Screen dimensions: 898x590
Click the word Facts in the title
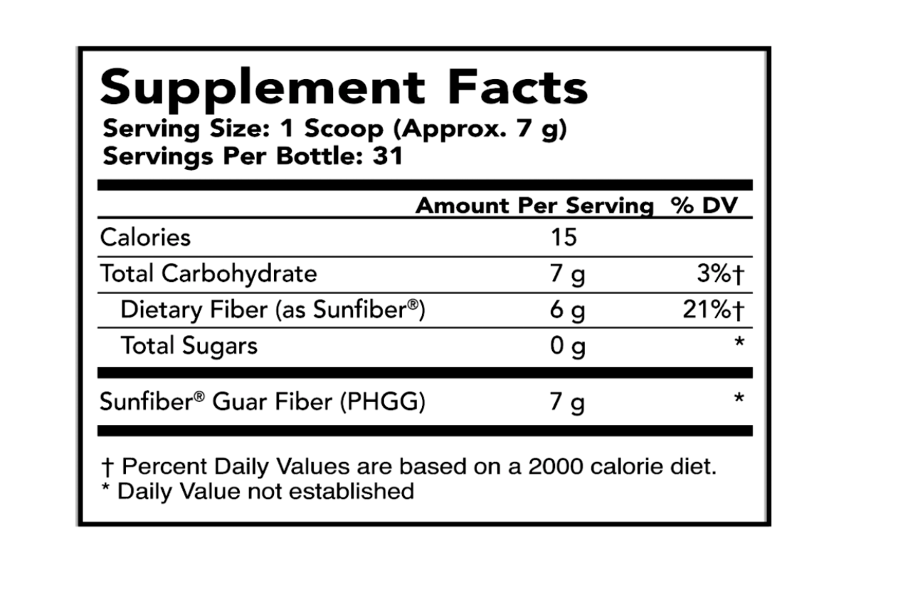[518, 87]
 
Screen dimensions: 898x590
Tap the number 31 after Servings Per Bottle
[387, 156]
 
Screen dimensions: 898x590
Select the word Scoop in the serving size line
[344, 129]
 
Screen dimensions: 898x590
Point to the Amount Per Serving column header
[535, 206]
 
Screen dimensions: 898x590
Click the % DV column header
[704, 206]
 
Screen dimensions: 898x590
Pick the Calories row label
[145, 237]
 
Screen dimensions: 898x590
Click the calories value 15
[564, 237]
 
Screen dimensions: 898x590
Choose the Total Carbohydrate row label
[208, 273]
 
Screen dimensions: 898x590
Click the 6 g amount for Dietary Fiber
[567, 310]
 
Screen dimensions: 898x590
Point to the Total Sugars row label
[189, 346]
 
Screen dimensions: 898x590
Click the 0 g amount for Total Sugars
[567, 346]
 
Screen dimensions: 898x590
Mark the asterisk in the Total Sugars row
[739, 342]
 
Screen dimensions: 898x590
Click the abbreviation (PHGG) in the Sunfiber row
[382, 401]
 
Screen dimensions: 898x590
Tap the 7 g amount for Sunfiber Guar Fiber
[567, 402]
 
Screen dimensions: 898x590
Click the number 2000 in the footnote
[555, 466]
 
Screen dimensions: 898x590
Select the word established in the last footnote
[352, 491]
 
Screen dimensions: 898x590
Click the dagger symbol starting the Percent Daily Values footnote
[107, 468]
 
